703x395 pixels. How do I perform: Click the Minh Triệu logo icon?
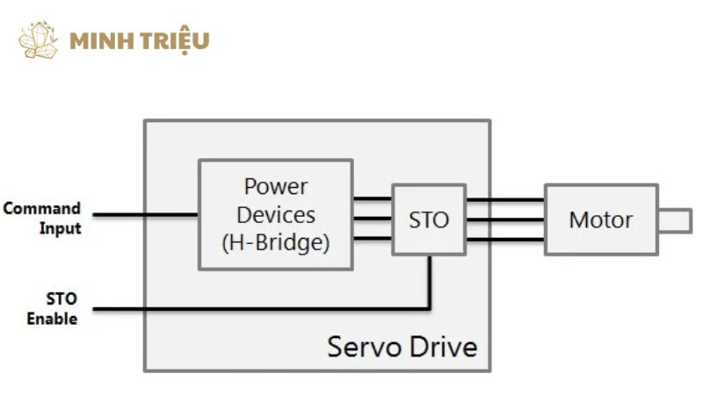(38, 40)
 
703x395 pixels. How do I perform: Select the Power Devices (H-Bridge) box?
(275, 214)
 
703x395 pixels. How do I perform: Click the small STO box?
(428, 219)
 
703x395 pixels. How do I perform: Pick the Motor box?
(600, 219)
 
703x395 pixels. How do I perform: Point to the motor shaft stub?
(674, 219)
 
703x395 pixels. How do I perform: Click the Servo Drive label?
(402, 346)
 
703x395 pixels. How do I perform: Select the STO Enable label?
(51, 308)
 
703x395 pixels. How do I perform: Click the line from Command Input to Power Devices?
(145, 214)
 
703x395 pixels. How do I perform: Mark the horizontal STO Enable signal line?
(264, 308)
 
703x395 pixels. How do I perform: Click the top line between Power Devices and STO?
(372, 199)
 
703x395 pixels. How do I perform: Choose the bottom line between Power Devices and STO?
(372, 238)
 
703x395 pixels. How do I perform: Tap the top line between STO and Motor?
(504, 200)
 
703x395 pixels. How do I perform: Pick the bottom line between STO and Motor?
(504, 239)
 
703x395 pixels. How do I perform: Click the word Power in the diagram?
(275, 187)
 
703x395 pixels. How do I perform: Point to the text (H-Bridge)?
(275, 242)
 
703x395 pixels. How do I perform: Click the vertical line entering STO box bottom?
(430, 281)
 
